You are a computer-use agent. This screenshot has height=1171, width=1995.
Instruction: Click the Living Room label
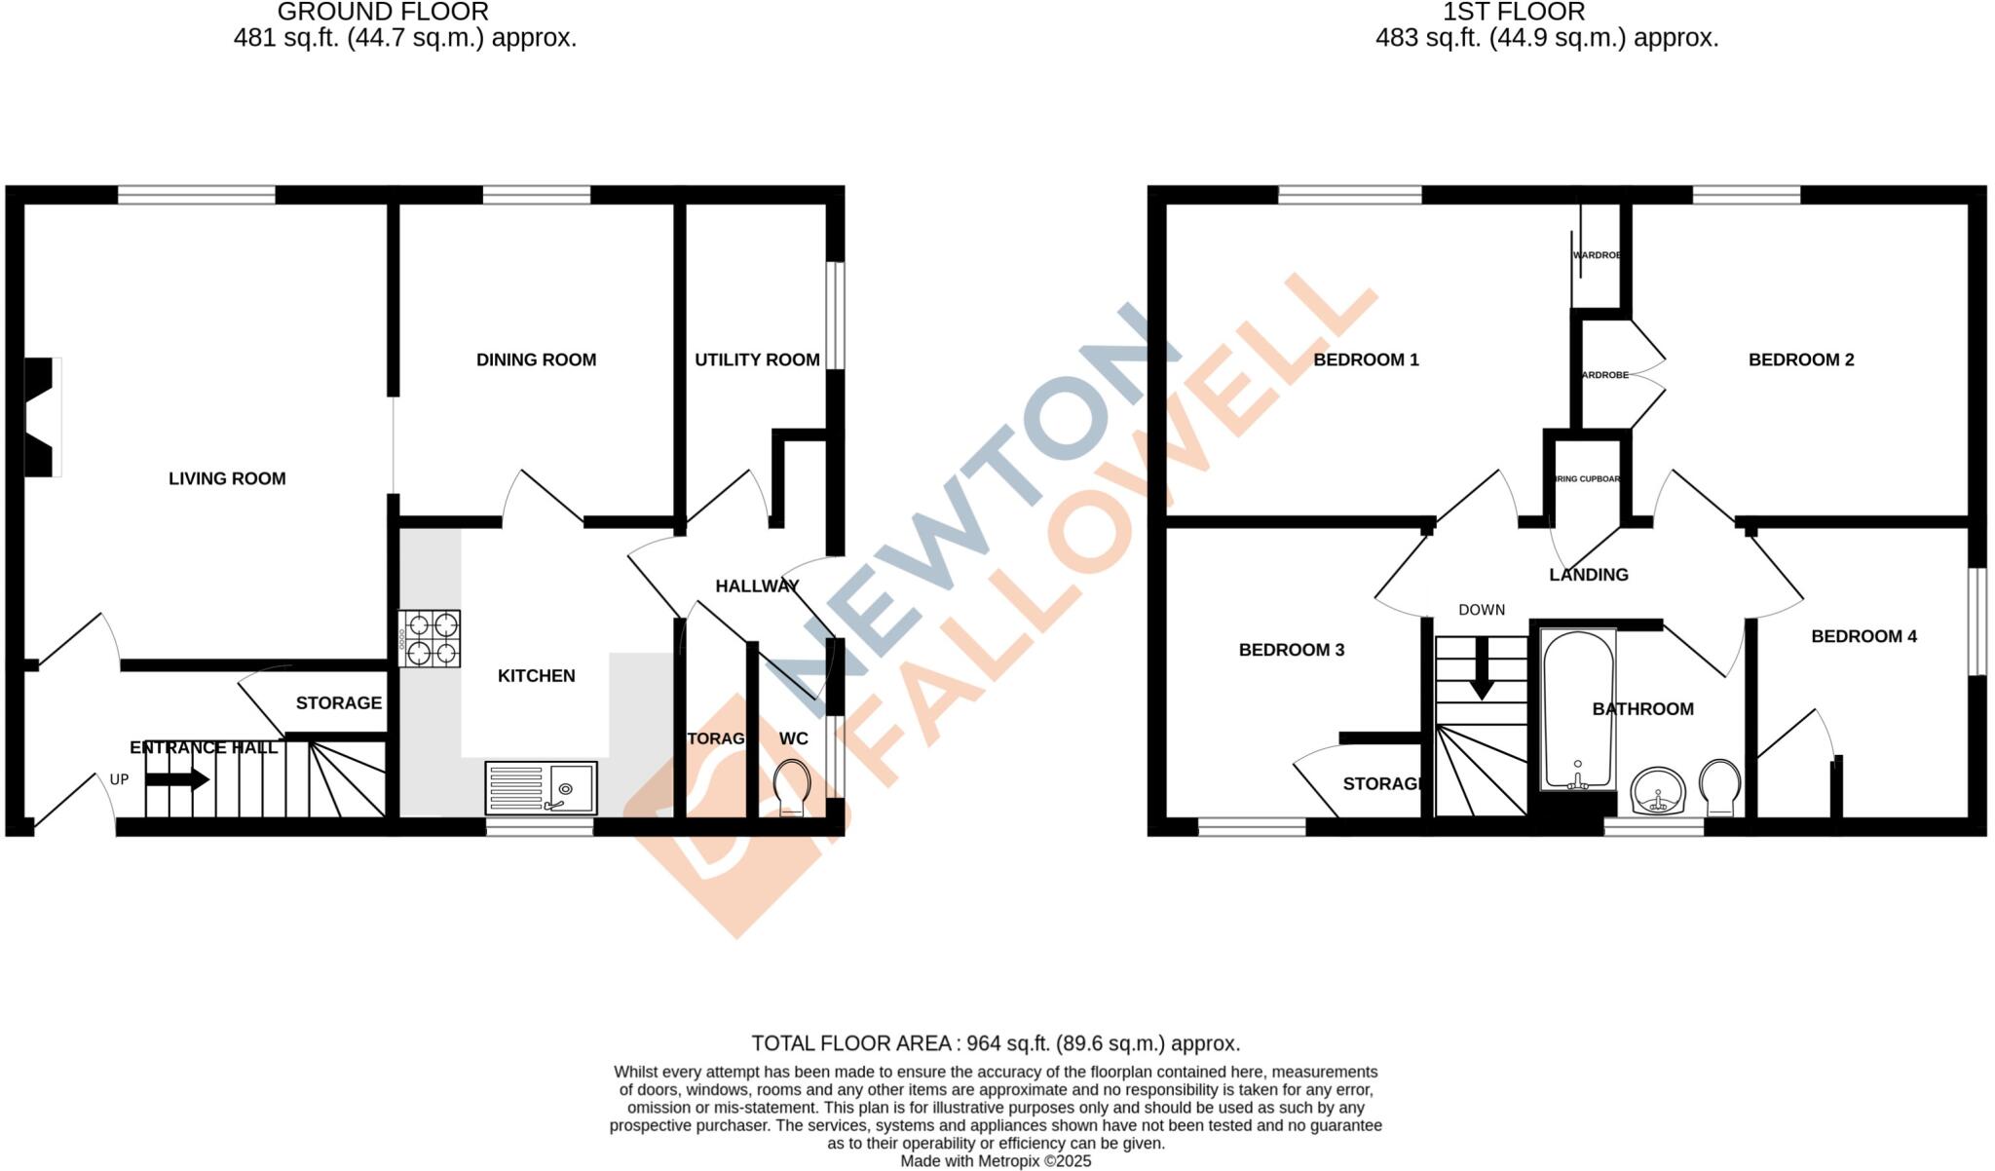click(227, 478)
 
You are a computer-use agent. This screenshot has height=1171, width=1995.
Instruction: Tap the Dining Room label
click(536, 359)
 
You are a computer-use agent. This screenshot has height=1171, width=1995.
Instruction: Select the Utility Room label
click(757, 359)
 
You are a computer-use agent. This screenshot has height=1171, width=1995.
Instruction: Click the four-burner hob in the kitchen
click(429, 638)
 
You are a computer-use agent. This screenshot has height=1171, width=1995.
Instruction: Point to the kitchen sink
click(541, 787)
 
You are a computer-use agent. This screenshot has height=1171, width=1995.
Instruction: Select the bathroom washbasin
click(1658, 790)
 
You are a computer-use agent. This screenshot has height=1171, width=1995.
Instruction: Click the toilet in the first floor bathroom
click(1720, 787)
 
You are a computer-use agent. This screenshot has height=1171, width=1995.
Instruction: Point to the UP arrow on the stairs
click(177, 779)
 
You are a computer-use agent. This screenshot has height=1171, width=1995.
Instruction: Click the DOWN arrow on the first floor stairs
click(1482, 668)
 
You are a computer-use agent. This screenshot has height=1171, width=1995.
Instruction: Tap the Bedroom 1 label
click(1366, 359)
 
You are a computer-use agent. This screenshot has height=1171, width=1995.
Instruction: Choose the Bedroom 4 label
click(1863, 636)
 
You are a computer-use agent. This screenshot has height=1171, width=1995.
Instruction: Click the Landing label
click(1589, 575)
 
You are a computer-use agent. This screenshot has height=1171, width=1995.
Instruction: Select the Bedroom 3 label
click(1292, 650)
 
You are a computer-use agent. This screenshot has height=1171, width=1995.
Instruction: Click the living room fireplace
click(41, 417)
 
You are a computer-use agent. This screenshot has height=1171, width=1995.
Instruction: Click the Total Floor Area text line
click(996, 1043)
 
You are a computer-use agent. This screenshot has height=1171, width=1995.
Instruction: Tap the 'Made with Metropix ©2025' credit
click(996, 1161)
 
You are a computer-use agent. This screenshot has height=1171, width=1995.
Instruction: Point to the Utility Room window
click(835, 315)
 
